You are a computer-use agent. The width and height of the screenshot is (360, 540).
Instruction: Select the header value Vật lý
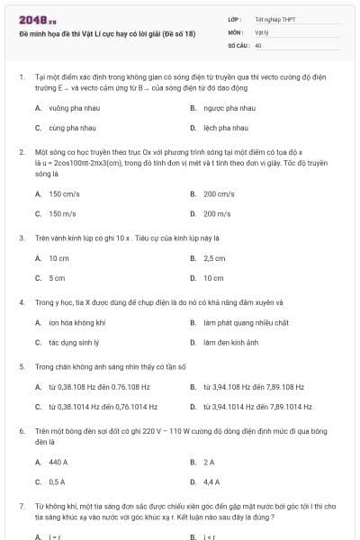coord(261,31)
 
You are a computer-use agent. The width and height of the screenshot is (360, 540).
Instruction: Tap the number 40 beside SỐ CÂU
coord(258,44)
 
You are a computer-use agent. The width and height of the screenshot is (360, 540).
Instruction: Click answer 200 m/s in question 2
coord(217,213)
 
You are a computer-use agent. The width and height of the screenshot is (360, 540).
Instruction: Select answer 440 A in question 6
coord(58,462)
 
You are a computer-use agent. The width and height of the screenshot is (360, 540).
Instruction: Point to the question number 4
coord(22,302)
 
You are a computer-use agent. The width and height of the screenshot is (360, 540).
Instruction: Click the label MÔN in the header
coord(236,31)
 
